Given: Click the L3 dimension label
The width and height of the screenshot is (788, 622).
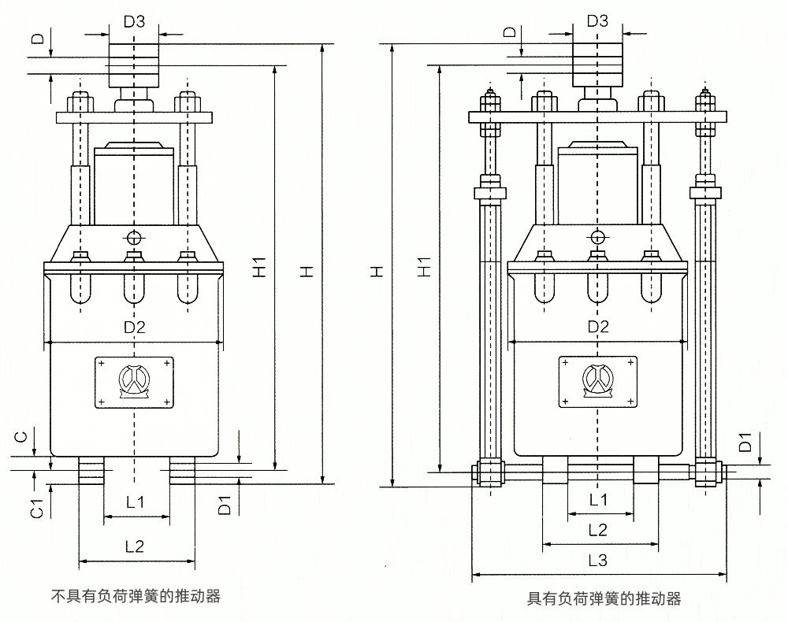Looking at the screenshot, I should pos(598,561).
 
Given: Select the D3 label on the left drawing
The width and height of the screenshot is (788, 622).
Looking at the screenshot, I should pos(135,23).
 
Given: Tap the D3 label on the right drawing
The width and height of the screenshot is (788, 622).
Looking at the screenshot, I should pos(598,21).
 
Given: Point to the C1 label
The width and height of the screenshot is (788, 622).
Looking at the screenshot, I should pos(36,509).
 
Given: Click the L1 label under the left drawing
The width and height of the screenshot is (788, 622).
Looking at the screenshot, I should pos(136,501).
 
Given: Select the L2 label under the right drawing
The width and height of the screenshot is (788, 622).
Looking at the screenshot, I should pos(598,529).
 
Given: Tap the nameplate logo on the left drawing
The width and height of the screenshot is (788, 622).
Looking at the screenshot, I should pos(134,383).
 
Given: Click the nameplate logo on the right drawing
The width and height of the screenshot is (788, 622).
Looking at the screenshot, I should pos(598,383).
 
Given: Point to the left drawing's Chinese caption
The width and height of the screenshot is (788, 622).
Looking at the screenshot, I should pos(136,596).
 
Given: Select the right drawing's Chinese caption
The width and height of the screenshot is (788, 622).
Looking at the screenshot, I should pos(604,599).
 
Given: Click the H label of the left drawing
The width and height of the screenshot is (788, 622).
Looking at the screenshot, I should pos(309,270).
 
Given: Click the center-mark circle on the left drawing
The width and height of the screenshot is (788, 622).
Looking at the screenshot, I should pos(135,238).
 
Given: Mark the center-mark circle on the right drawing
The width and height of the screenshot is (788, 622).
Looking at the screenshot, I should pos(598,237).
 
